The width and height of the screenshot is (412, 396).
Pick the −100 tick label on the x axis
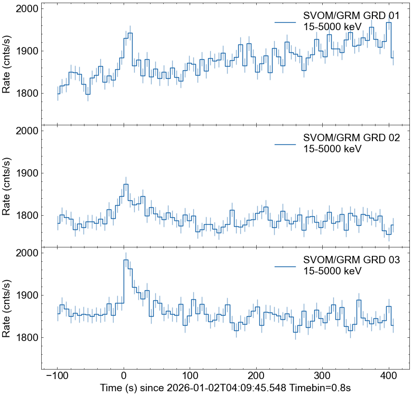point(57,376)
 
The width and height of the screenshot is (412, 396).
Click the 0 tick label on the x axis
point(124,376)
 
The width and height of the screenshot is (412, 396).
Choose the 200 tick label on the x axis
point(256,376)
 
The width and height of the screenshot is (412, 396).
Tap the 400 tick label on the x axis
point(389,376)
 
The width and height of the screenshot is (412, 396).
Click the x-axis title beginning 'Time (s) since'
point(225,388)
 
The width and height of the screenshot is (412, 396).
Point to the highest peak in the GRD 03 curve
point(126,260)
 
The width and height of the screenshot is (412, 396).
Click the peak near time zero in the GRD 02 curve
point(126,185)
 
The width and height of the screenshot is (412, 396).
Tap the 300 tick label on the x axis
point(322,376)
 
